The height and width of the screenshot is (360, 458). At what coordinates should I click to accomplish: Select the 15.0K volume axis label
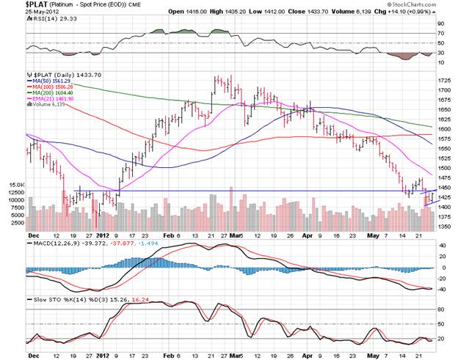coord(16,185)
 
